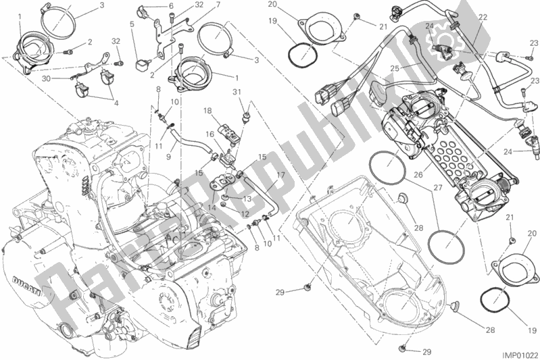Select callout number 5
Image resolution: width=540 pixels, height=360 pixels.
point(132,24)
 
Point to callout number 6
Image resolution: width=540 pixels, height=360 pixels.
point(171,5)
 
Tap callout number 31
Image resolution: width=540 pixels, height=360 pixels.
point(237,93)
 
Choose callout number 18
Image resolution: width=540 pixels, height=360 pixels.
point(208,109)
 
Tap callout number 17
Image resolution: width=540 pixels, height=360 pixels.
point(280,174)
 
